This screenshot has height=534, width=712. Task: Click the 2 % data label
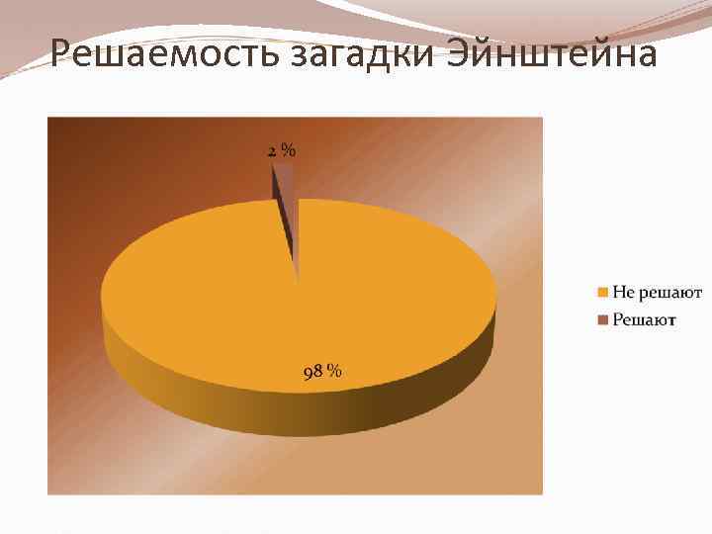[282, 151]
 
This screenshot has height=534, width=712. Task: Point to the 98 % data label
[322, 372]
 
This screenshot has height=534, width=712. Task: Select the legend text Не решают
[657, 292]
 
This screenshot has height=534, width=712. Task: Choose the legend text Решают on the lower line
[644, 318]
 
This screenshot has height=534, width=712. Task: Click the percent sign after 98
[335, 372]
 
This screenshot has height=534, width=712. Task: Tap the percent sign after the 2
[288, 151]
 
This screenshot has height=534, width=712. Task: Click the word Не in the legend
[623, 292]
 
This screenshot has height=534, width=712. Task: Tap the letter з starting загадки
[301, 56]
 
